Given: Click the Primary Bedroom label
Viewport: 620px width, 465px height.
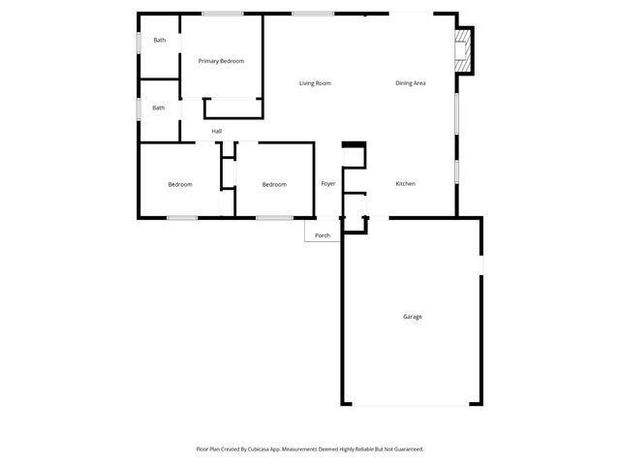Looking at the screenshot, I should pyautogui.click(x=221, y=61).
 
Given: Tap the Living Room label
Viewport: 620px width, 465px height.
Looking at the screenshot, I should pyautogui.click(x=315, y=83).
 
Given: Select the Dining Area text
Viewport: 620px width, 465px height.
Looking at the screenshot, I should pyautogui.click(x=411, y=83).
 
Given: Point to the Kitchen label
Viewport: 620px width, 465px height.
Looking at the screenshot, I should pyautogui.click(x=405, y=184).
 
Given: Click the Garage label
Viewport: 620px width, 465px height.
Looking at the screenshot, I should pyautogui.click(x=413, y=317).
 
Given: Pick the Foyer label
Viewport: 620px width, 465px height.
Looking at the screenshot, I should pyautogui.click(x=328, y=184).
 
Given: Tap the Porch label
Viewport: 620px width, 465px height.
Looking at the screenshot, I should pyautogui.click(x=323, y=235).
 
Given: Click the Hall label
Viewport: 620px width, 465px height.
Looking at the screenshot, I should pyautogui.click(x=217, y=131).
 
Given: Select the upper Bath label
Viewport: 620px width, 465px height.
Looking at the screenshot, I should pyautogui.click(x=159, y=40).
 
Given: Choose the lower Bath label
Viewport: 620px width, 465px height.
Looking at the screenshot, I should pyautogui.click(x=159, y=108).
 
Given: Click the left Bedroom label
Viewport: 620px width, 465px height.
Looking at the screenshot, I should pyautogui.click(x=179, y=185).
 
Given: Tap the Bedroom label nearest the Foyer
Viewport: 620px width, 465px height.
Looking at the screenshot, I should pyautogui.click(x=274, y=185).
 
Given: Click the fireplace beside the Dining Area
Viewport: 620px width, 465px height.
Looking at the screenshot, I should pyautogui.click(x=465, y=50).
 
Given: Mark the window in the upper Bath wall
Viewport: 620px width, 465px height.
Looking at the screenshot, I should pyautogui.click(x=139, y=42).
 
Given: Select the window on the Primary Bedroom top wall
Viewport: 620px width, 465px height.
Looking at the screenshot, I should pyautogui.click(x=223, y=14).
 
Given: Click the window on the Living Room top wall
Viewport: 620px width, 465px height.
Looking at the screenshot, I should pyautogui.click(x=313, y=14).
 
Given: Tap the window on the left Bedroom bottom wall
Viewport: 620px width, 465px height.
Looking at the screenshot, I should pyautogui.click(x=182, y=217).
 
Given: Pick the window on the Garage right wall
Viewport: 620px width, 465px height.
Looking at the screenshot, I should pyautogui.click(x=481, y=263).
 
